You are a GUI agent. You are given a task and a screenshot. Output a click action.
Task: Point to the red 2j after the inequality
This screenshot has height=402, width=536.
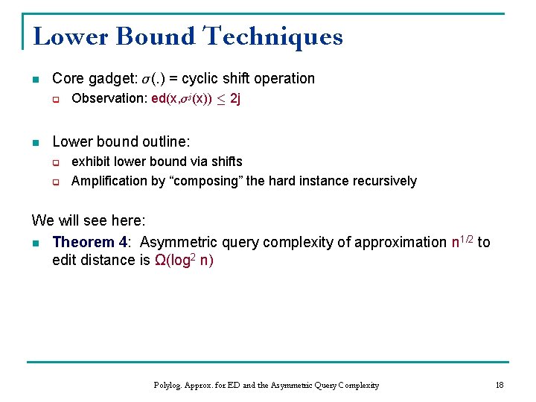(x=234, y=99)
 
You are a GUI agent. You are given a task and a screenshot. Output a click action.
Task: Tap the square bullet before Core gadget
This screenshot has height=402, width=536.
(x=35, y=79)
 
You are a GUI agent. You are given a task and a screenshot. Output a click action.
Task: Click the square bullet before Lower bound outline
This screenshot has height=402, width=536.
(x=35, y=141)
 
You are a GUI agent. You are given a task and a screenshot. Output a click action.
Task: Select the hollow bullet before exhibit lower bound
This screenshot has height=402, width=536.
(x=55, y=162)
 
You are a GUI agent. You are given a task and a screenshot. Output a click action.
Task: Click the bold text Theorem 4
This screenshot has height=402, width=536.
(x=89, y=242)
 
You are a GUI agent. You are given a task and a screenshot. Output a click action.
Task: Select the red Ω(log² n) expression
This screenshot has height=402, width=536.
(x=183, y=261)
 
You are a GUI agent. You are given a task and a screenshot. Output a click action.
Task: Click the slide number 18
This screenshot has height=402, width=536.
(x=499, y=385)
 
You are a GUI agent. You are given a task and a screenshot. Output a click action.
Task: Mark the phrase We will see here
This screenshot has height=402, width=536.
(x=89, y=221)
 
